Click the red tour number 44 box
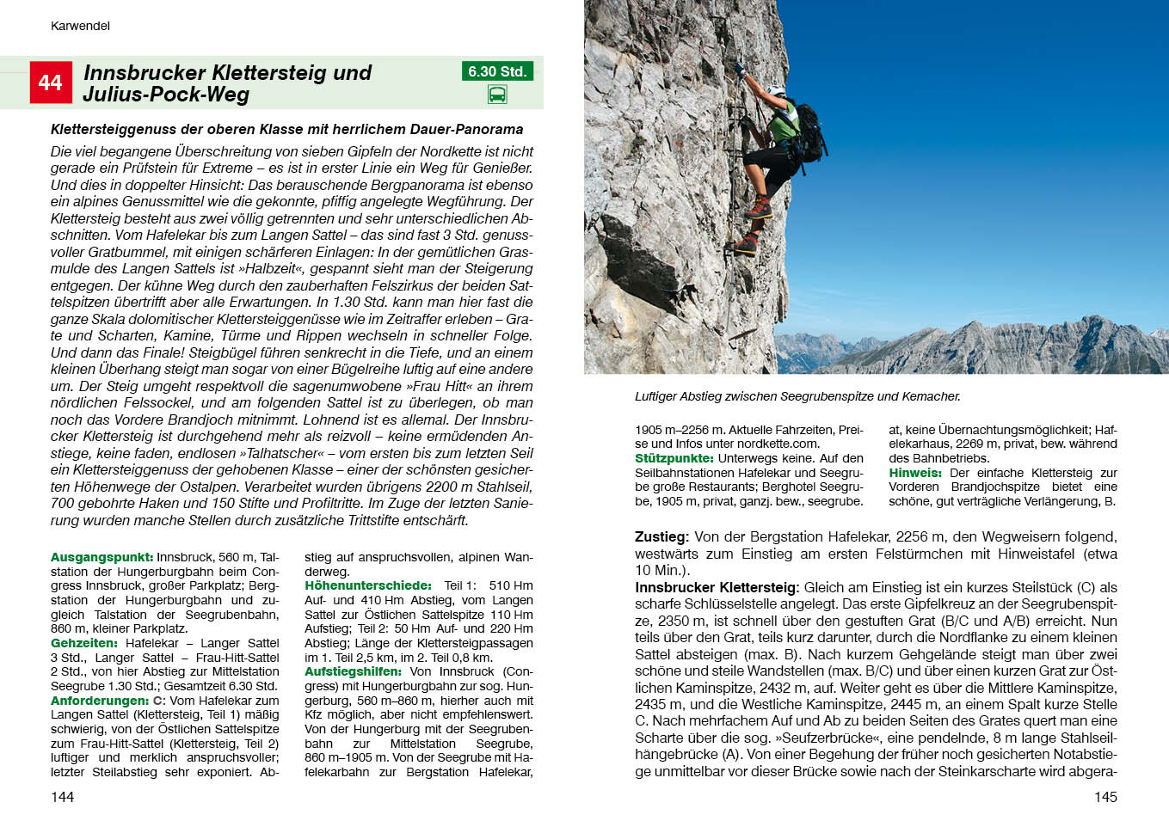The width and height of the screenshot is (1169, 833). [x=51, y=83]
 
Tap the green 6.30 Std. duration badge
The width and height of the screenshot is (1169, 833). [x=497, y=71]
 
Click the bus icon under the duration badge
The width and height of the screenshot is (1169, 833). [x=497, y=95]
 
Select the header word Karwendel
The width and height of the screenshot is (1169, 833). [x=80, y=26]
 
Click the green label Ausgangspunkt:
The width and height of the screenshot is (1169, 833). [x=102, y=557]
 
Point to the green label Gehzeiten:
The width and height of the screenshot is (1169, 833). [x=84, y=643]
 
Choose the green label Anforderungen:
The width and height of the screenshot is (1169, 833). [x=100, y=701]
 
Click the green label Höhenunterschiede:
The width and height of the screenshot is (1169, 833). [x=368, y=585]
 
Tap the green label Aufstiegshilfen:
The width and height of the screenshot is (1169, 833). [x=353, y=671]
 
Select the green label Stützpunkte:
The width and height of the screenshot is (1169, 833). [x=674, y=458]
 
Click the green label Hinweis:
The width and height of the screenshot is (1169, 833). [x=915, y=473]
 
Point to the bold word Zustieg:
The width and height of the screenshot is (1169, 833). [x=661, y=536]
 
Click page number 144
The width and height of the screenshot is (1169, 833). [x=62, y=797]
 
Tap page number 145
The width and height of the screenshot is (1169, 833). [x=1105, y=797]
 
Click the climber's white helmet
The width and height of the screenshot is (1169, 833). [x=777, y=89]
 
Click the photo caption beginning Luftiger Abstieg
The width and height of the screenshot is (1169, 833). [x=797, y=396]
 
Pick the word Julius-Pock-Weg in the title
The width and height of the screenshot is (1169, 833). [x=166, y=95]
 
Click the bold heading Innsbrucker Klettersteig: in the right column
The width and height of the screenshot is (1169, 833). [x=717, y=587]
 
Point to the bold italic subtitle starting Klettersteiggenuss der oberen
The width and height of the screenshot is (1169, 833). [x=286, y=129]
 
